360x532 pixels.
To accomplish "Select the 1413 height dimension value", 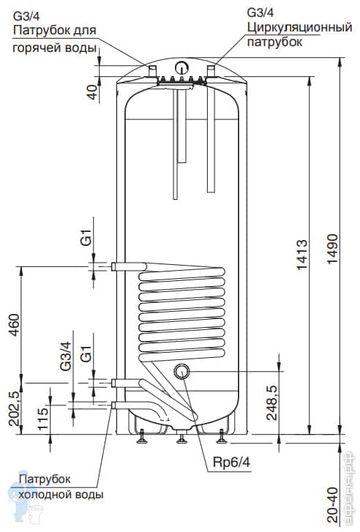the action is pos(301,255).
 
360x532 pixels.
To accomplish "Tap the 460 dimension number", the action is pos(14,325).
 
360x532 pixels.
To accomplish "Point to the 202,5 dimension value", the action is pos(14,409).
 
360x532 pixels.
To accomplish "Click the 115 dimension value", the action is pos(43,419).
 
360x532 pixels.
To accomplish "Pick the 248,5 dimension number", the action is pos(271,402).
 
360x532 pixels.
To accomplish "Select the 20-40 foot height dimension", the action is pos(332,505).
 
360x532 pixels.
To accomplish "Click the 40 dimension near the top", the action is pos(92,92).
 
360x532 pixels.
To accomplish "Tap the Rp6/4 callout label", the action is pos(232,462).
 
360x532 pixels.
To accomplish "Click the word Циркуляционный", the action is pos(299,27).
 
